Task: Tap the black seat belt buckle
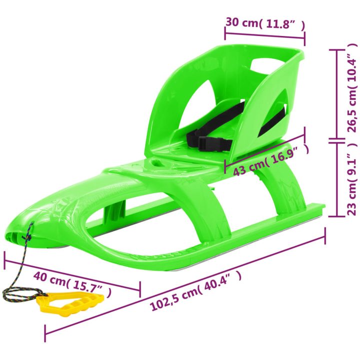[x=214, y=143]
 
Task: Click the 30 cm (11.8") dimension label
[x=265, y=23]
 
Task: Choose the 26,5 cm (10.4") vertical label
[x=352, y=88]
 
